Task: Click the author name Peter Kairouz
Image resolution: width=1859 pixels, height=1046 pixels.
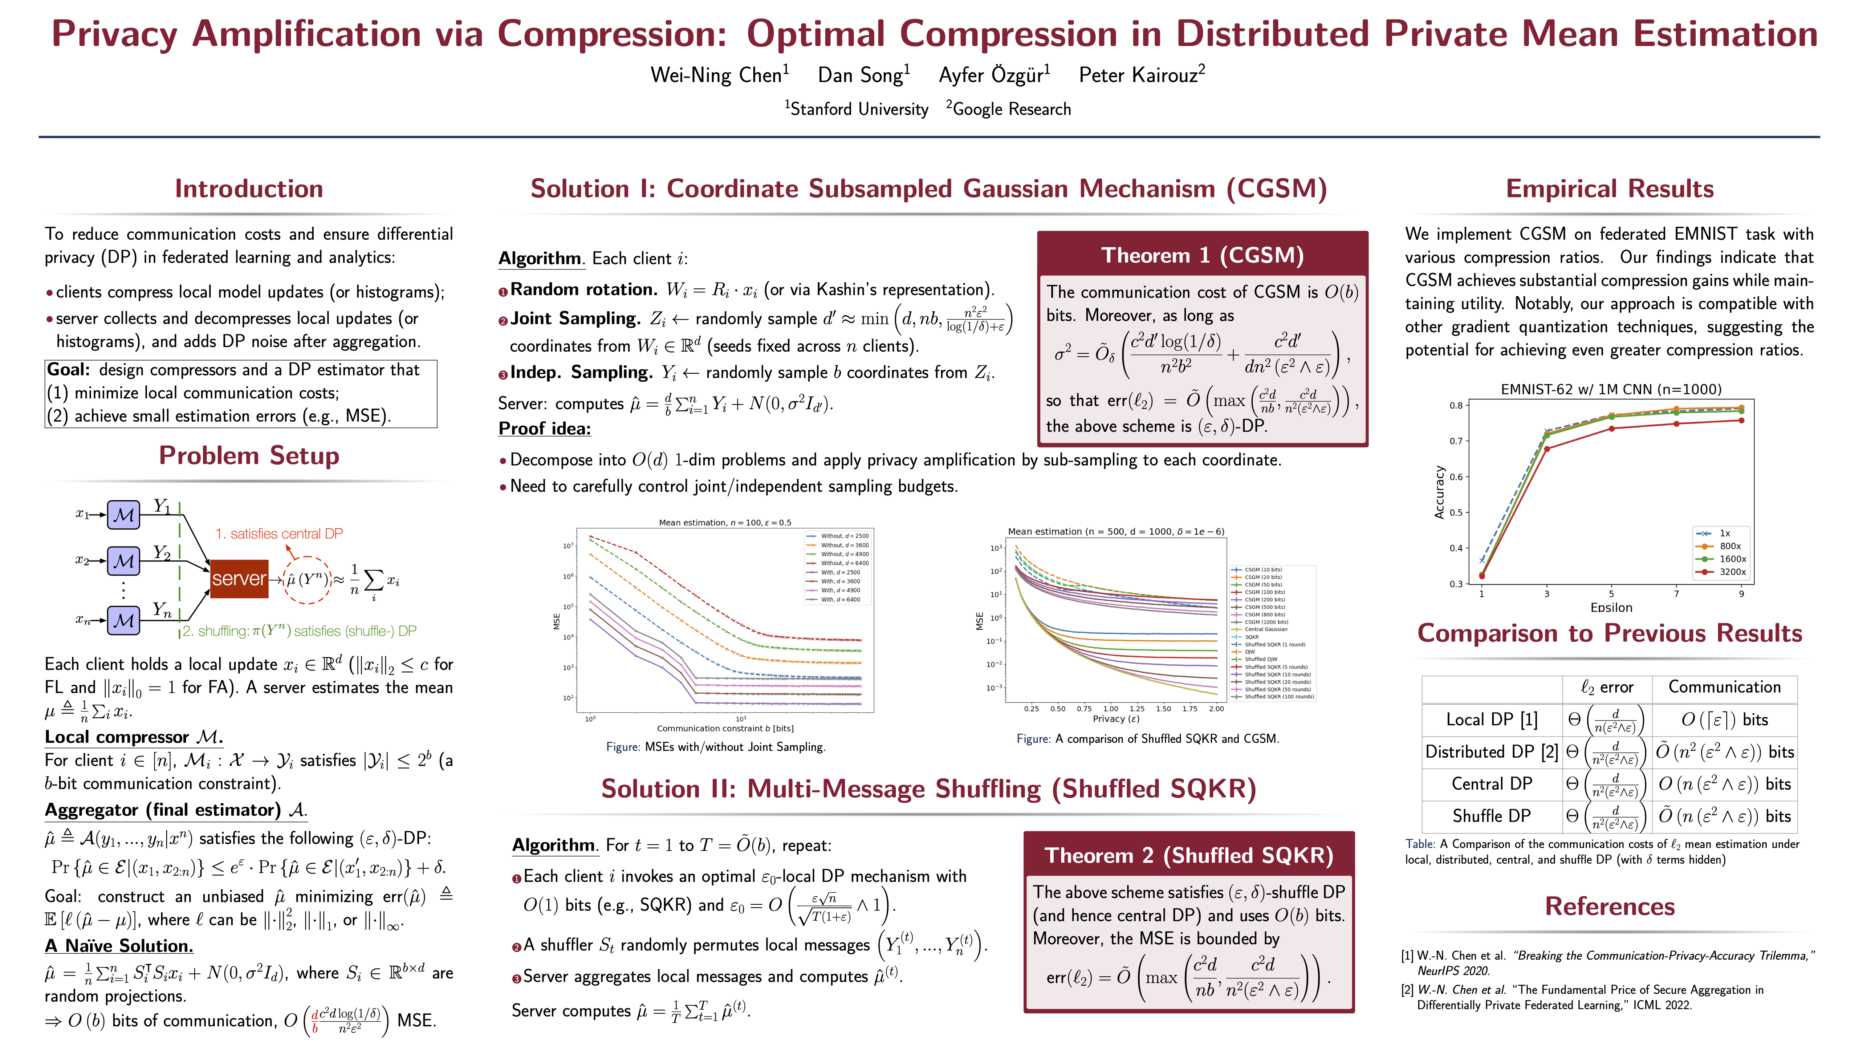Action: click(1140, 75)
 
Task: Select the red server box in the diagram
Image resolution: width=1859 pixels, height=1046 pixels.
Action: click(239, 578)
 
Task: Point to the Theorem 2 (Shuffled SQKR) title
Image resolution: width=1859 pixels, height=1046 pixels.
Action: click(1189, 855)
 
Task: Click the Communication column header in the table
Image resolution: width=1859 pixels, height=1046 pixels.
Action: click(1724, 687)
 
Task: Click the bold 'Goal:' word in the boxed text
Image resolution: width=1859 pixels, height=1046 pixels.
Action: click(69, 370)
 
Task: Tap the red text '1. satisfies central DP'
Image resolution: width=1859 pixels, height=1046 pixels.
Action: click(279, 534)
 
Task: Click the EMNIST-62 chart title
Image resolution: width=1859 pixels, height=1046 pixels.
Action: click(1611, 389)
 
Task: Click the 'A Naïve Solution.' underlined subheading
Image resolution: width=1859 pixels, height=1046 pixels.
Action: click(118, 946)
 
